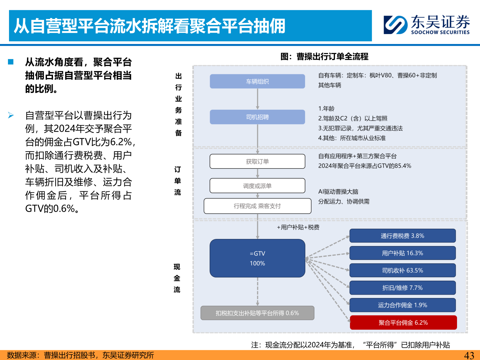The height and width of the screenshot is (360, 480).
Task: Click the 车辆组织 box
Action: click(257, 81)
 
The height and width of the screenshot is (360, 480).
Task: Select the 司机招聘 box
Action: click(257, 117)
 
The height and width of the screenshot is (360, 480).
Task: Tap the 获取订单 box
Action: click(257, 161)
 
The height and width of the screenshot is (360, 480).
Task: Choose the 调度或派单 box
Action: click(257, 186)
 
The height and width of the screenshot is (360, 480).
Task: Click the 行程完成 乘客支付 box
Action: click(257, 206)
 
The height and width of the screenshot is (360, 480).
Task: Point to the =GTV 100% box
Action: click(257, 258)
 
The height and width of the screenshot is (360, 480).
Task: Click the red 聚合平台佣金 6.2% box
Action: click(403, 323)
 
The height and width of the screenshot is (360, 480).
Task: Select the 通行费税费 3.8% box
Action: click(402, 236)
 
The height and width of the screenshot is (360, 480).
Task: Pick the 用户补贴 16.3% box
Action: click(402, 253)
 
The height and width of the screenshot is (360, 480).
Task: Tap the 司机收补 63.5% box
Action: click(402, 270)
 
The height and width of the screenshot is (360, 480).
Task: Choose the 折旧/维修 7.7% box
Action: click(402, 288)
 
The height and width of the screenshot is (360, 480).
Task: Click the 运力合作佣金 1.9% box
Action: click(402, 305)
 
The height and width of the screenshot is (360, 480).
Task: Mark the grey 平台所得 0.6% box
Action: click(257, 313)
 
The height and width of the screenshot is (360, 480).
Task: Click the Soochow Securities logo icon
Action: click(395, 25)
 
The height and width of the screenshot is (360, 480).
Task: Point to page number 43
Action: click(469, 355)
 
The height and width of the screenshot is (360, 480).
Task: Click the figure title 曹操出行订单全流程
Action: click(324, 56)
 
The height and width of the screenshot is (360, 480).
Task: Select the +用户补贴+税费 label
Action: click(298, 227)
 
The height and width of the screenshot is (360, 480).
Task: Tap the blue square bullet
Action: click(11, 62)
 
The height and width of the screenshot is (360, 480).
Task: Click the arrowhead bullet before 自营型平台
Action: click(11, 115)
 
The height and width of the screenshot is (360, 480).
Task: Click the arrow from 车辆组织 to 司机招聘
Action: click(258, 99)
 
